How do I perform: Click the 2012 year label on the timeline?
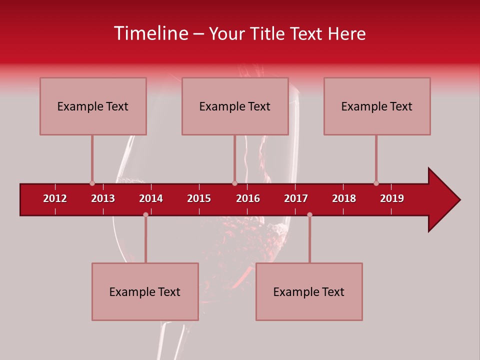pos(55,198)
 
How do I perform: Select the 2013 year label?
pos(103,198)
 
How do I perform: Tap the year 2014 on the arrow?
pos(151,198)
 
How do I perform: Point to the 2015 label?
pos(199,198)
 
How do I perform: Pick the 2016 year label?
pos(248,198)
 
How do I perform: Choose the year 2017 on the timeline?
pos(296,198)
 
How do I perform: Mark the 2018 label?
pos(344,198)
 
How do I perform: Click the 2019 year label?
pos(392,198)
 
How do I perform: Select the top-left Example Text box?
pos(93,106)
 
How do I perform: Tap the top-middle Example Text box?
pos(235,106)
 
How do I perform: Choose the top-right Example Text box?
pos(377,106)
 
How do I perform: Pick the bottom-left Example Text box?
pos(145,292)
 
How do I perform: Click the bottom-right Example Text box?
pos(309,292)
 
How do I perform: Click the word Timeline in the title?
pos(150,33)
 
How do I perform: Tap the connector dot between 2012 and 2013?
pos(92,183)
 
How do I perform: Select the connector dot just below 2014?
pos(145,214)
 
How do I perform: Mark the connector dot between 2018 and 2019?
pos(376,183)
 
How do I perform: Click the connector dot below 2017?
pos(309,214)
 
